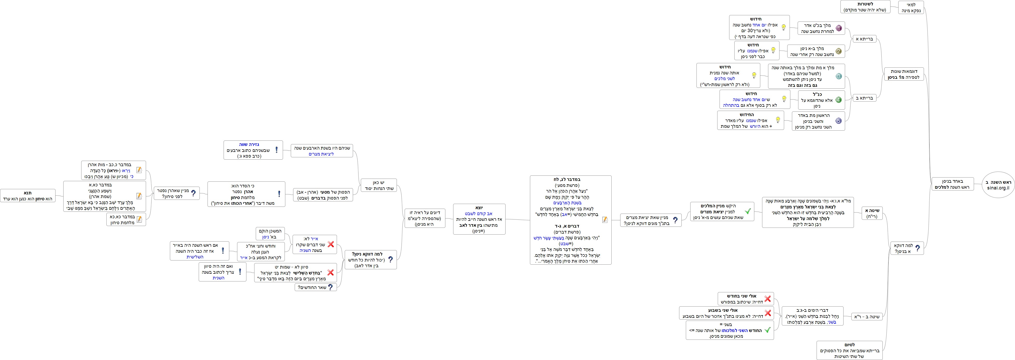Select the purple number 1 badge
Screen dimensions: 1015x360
838,28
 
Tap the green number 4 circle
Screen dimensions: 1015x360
838,100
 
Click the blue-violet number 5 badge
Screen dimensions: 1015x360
838,121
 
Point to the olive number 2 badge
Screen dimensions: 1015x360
838,51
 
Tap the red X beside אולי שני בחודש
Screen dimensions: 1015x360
768,299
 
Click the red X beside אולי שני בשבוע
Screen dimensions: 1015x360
768,313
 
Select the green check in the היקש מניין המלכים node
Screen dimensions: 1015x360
748,211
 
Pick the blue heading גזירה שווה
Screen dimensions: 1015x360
249,145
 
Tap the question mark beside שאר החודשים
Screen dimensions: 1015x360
330,287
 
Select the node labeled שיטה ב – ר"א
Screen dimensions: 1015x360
866,317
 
